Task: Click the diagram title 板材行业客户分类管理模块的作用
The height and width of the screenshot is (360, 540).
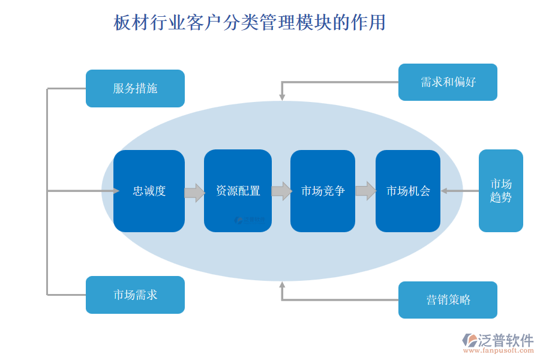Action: pyautogui.click(x=250, y=23)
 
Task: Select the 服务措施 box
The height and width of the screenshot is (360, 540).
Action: pyautogui.click(x=135, y=89)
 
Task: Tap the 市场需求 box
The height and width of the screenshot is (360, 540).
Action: pyautogui.click(x=135, y=295)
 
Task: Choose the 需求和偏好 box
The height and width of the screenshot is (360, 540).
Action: pyautogui.click(x=448, y=82)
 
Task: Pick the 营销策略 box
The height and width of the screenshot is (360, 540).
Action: pyautogui.click(x=448, y=300)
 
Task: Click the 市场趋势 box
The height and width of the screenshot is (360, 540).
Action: pyautogui.click(x=500, y=191)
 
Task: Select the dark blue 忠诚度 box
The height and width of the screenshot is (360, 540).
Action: pyautogui.click(x=149, y=191)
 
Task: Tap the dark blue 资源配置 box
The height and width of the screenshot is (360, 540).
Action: pyautogui.click(x=238, y=191)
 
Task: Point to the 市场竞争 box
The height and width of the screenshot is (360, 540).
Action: pyautogui.click(x=323, y=191)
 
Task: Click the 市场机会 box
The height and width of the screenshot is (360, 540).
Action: pyautogui.click(x=408, y=191)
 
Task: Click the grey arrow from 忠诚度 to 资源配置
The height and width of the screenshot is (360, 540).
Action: pyautogui.click(x=194, y=193)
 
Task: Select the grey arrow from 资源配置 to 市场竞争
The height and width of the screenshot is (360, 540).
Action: pyautogui.click(x=281, y=191)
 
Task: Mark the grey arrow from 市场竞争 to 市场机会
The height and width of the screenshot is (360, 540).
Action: pyautogui.click(x=365, y=191)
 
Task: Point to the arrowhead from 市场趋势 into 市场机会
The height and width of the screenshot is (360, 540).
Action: pyautogui.click(x=445, y=191)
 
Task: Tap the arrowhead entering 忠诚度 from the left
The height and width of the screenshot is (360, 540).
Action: pyautogui.click(x=116, y=191)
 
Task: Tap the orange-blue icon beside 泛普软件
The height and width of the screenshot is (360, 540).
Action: pyautogui.click(x=470, y=340)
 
